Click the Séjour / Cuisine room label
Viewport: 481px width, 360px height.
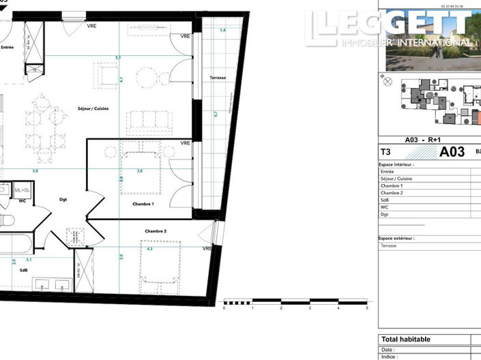(93, 109)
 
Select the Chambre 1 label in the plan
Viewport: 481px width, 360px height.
(143, 204)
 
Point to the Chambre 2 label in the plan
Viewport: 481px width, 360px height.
(155, 231)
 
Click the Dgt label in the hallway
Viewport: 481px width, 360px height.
(63, 200)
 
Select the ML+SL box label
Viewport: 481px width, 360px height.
(23, 189)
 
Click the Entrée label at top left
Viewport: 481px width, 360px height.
(7, 47)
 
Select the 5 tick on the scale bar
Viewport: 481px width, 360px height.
(367, 308)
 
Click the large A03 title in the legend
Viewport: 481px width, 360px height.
(452, 152)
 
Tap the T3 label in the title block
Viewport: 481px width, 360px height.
(385, 153)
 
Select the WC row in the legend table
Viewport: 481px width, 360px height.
(383, 207)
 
